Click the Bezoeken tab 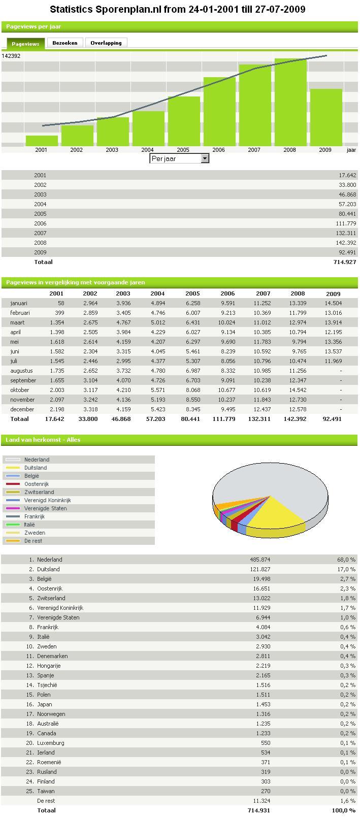point(65,43)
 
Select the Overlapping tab point(106,43)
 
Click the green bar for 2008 point(290,102)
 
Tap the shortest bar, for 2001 point(42,141)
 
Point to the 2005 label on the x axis point(183,150)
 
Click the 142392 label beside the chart point(11,56)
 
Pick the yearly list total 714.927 point(345,262)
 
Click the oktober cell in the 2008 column point(298,390)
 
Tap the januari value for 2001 point(61,303)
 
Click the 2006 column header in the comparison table point(227,293)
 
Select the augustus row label point(21,371)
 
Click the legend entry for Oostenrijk point(37,484)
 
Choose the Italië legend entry point(29,525)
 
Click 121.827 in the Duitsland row point(260,569)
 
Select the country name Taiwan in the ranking point(46,791)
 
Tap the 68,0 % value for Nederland point(346,560)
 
